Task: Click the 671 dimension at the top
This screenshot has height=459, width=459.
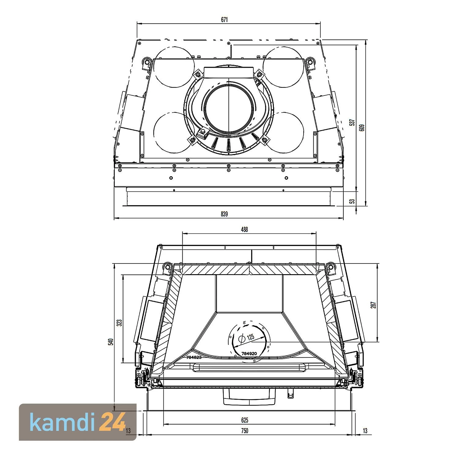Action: [x=224, y=20]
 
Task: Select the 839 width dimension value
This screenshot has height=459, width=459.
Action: [x=224, y=214]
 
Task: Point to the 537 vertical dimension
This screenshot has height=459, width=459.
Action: [x=352, y=122]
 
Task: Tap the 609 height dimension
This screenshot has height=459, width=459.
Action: [x=362, y=127]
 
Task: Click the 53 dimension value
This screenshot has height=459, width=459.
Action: [x=353, y=201]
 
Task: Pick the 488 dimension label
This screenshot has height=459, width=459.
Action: [x=244, y=229]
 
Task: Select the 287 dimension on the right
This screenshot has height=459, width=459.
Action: [x=373, y=305]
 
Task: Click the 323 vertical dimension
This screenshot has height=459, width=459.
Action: [x=120, y=323]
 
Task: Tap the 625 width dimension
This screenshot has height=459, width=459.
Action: [x=244, y=420]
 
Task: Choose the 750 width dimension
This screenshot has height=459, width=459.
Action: [x=244, y=431]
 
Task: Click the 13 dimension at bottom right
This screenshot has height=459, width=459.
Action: [x=365, y=431]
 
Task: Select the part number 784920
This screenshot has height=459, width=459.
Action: [x=249, y=353]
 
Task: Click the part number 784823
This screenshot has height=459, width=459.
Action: [x=194, y=357]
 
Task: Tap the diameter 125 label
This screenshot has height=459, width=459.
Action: [x=250, y=337]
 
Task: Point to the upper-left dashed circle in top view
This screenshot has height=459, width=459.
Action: [x=174, y=67]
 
